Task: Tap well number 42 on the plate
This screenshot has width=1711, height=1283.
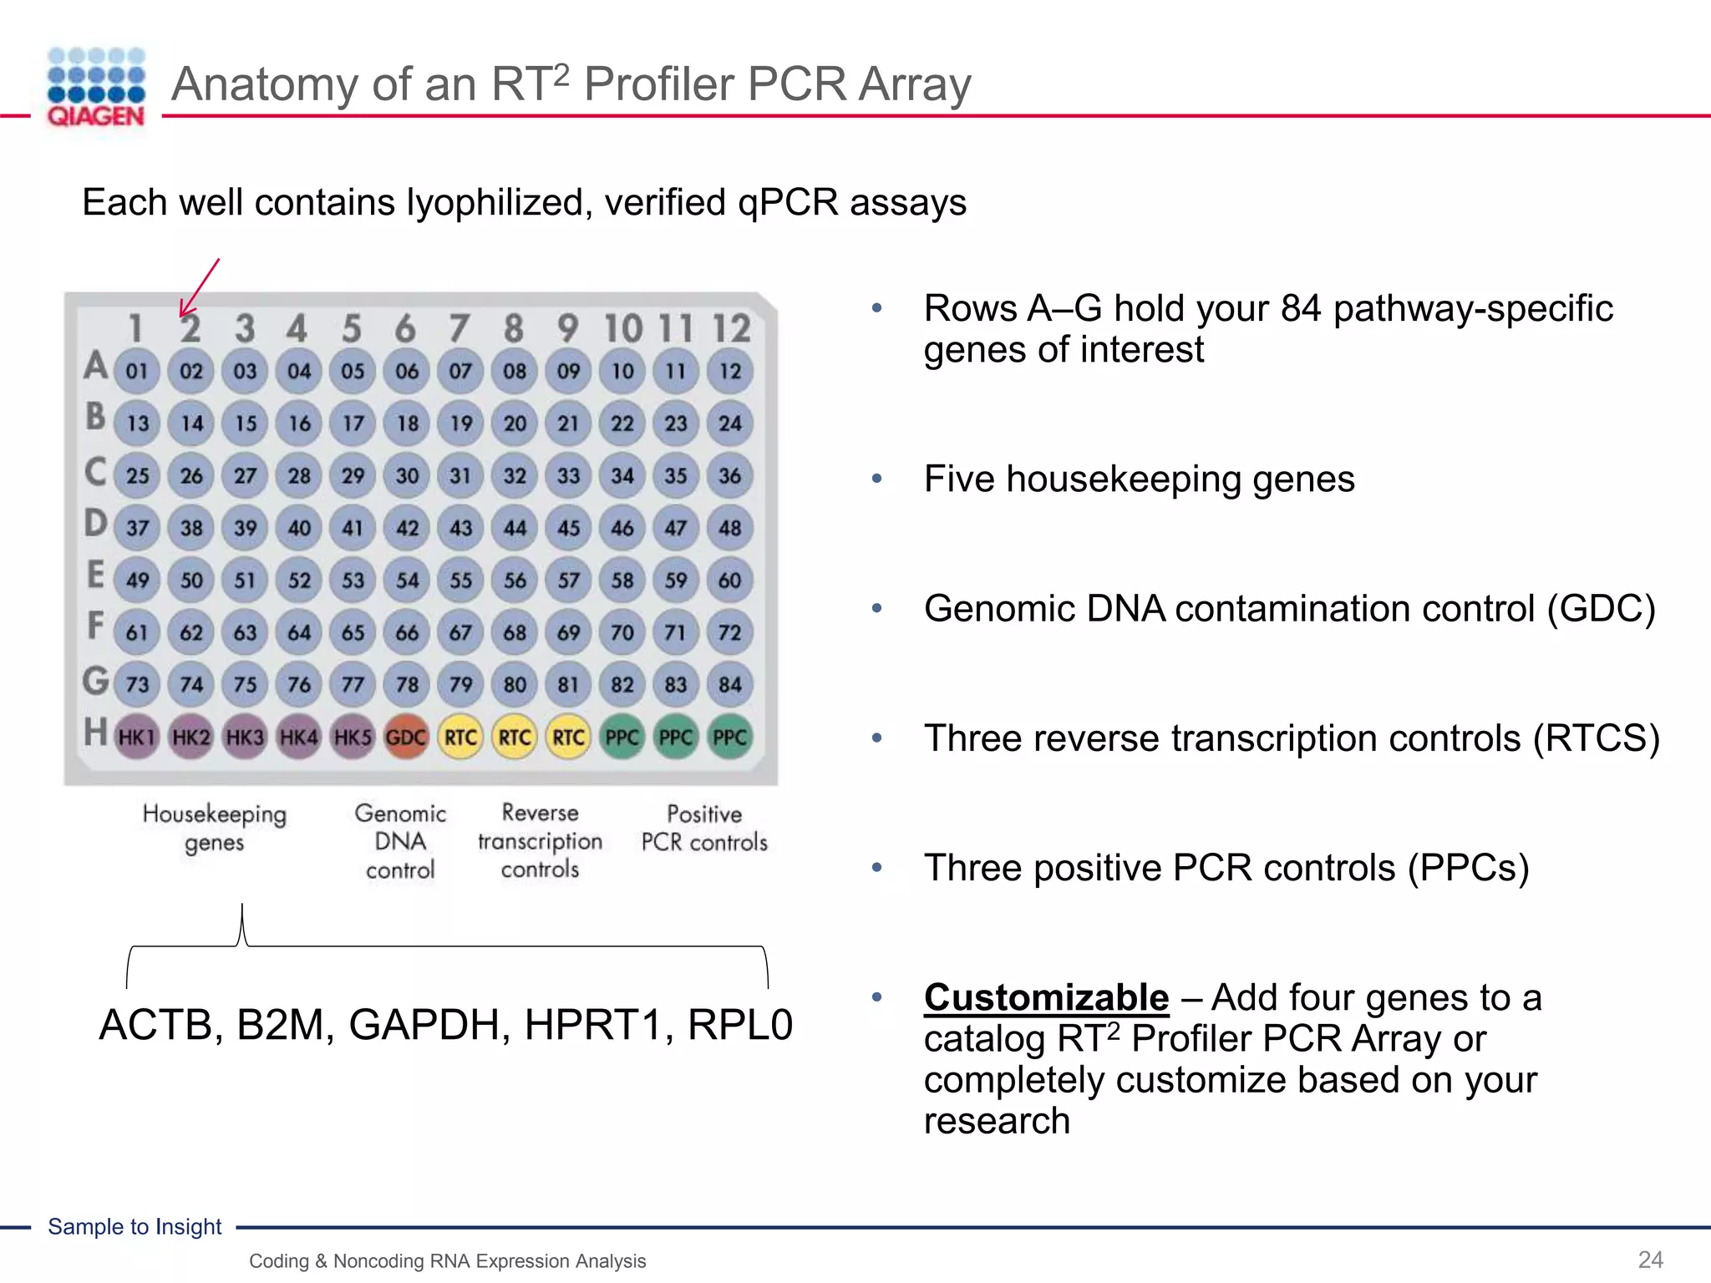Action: tap(407, 528)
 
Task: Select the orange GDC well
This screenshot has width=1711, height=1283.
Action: tap(406, 738)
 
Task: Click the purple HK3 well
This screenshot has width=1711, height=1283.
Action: tap(245, 738)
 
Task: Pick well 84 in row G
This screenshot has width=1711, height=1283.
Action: tap(729, 685)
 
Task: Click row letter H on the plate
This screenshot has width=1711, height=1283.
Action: tap(95, 733)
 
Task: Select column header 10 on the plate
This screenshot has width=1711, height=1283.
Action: tap(622, 328)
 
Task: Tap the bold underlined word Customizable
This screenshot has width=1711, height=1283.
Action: tap(1046, 997)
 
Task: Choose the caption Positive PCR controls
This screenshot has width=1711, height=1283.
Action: tap(703, 828)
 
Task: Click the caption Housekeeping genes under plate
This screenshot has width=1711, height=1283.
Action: tap(214, 828)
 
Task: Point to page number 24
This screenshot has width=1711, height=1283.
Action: tap(1650, 1260)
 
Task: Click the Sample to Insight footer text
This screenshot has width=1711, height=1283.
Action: tap(135, 1226)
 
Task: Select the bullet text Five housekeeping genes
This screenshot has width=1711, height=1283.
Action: tap(1139, 479)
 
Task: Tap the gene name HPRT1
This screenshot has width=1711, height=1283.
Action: tap(598, 1025)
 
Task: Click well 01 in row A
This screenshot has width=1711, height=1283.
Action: tap(137, 371)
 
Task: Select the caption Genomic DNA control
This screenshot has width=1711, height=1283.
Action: tap(400, 841)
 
